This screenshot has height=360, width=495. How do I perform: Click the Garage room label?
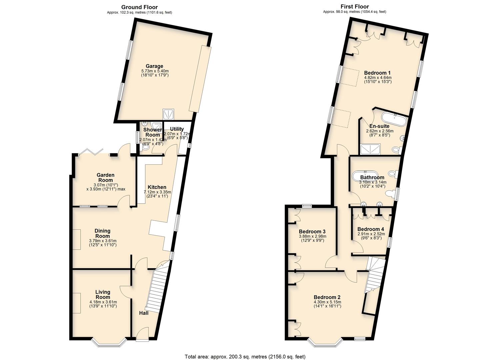(x=154, y=66)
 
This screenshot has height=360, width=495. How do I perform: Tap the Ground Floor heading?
(x=139, y=7)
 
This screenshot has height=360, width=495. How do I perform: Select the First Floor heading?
(x=355, y=6)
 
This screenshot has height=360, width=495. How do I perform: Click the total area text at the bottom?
(x=245, y=357)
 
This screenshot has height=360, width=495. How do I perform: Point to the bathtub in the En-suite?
(x=394, y=119)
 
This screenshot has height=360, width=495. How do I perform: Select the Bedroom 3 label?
(x=312, y=232)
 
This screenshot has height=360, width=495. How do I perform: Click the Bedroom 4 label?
(x=371, y=229)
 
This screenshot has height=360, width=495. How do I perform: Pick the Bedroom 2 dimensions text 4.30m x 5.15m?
(x=327, y=302)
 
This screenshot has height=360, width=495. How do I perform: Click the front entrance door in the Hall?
(x=143, y=334)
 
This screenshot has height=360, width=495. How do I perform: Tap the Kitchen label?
(x=157, y=187)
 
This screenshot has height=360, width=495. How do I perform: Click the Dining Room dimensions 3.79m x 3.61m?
(x=103, y=241)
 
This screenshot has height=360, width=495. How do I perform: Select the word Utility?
(x=177, y=129)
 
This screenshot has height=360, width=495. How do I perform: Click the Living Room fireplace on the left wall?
(x=77, y=303)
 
